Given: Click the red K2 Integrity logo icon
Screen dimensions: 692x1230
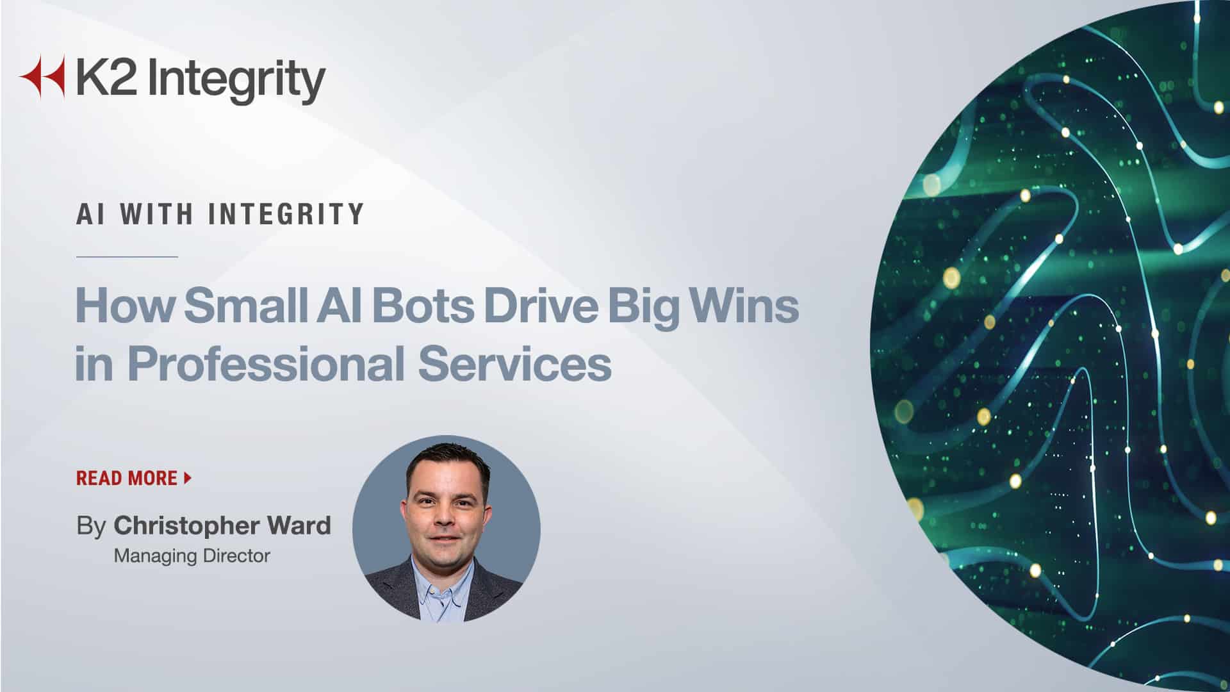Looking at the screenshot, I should [x=42, y=76].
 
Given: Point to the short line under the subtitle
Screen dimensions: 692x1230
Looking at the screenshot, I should [x=127, y=256].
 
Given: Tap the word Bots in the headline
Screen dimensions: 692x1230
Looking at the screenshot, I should [x=423, y=306].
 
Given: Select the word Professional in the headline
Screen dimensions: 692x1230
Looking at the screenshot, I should [x=266, y=363].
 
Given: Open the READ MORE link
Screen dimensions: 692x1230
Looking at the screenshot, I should [x=127, y=478].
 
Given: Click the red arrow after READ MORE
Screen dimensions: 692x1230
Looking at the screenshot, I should [x=188, y=477].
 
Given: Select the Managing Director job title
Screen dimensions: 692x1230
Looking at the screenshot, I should [x=192, y=556].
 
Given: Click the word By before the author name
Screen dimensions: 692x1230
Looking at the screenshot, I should [x=91, y=527].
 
